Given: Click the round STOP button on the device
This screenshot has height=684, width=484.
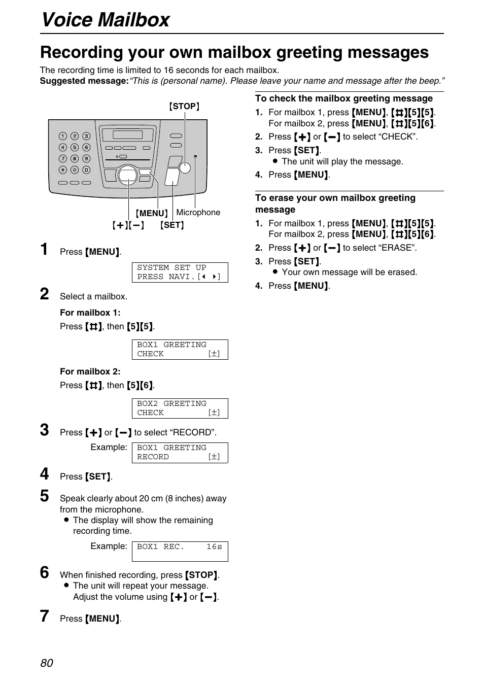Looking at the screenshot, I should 185,167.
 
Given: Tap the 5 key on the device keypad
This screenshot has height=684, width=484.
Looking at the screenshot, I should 75,147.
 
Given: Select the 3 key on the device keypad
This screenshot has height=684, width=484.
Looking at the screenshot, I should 86,136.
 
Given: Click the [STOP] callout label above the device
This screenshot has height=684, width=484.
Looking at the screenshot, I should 184,106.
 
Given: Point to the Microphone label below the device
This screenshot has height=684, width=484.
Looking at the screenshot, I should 198,212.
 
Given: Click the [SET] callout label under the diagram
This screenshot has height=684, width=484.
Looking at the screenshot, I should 172,225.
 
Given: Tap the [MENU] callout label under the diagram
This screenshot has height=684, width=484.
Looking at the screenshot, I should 152,213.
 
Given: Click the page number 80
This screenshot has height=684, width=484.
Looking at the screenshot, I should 47,663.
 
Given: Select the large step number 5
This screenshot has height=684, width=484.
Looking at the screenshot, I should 45,496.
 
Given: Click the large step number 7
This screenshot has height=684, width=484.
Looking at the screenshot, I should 45,616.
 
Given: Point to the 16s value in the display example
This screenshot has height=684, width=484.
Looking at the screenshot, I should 214,546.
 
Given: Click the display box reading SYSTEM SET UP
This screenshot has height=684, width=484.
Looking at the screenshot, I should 180,272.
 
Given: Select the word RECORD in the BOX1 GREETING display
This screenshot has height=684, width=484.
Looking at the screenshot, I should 153,457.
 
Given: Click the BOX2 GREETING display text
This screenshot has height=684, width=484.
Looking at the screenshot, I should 171,403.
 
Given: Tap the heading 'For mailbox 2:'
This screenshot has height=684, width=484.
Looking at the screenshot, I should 90,371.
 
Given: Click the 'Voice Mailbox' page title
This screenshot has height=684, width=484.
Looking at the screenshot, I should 106,20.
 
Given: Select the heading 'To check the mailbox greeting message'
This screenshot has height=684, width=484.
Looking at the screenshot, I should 343,98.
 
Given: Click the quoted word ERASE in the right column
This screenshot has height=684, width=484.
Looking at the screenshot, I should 398,248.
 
